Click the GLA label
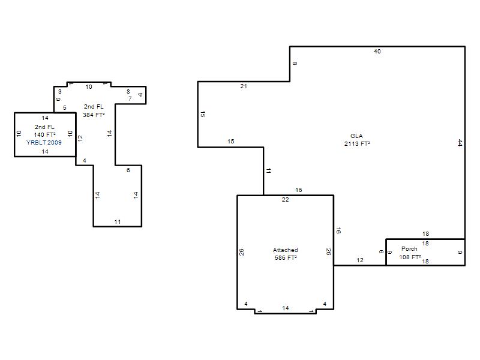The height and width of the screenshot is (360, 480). pyautogui.click(x=356, y=136)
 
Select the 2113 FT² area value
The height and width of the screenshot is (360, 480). pyautogui.click(x=357, y=143)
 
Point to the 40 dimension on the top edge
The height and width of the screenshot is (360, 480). pyautogui.click(x=377, y=52)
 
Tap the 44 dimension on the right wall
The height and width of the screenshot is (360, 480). pyautogui.click(x=460, y=143)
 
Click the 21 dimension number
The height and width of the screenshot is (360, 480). pyautogui.click(x=244, y=86)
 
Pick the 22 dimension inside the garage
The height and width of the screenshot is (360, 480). pyautogui.click(x=286, y=200)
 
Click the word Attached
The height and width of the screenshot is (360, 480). pyautogui.click(x=286, y=250)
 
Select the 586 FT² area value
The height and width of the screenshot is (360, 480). pyautogui.click(x=286, y=258)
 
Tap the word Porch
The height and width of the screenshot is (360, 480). pyautogui.click(x=409, y=249)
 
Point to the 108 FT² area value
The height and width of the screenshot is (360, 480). pyautogui.click(x=410, y=257)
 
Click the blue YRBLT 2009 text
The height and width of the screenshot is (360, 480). pyautogui.click(x=44, y=143)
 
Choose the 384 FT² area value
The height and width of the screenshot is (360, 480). pyautogui.click(x=94, y=115)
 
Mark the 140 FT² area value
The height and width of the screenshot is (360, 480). pyautogui.click(x=44, y=134)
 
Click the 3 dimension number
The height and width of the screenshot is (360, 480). pyautogui.click(x=59, y=92)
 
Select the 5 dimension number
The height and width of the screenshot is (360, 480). pyautogui.click(x=65, y=108)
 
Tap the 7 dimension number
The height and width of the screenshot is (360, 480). pyautogui.click(x=130, y=99)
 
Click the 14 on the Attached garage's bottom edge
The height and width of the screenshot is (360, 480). pyautogui.click(x=286, y=308)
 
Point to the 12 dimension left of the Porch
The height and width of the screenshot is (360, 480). pyautogui.click(x=360, y=260)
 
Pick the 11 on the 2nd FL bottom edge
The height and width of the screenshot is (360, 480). pyautogui.click(x=118, y=222)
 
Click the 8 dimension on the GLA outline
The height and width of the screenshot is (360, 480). pyautogui.click(x=295, y=64)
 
